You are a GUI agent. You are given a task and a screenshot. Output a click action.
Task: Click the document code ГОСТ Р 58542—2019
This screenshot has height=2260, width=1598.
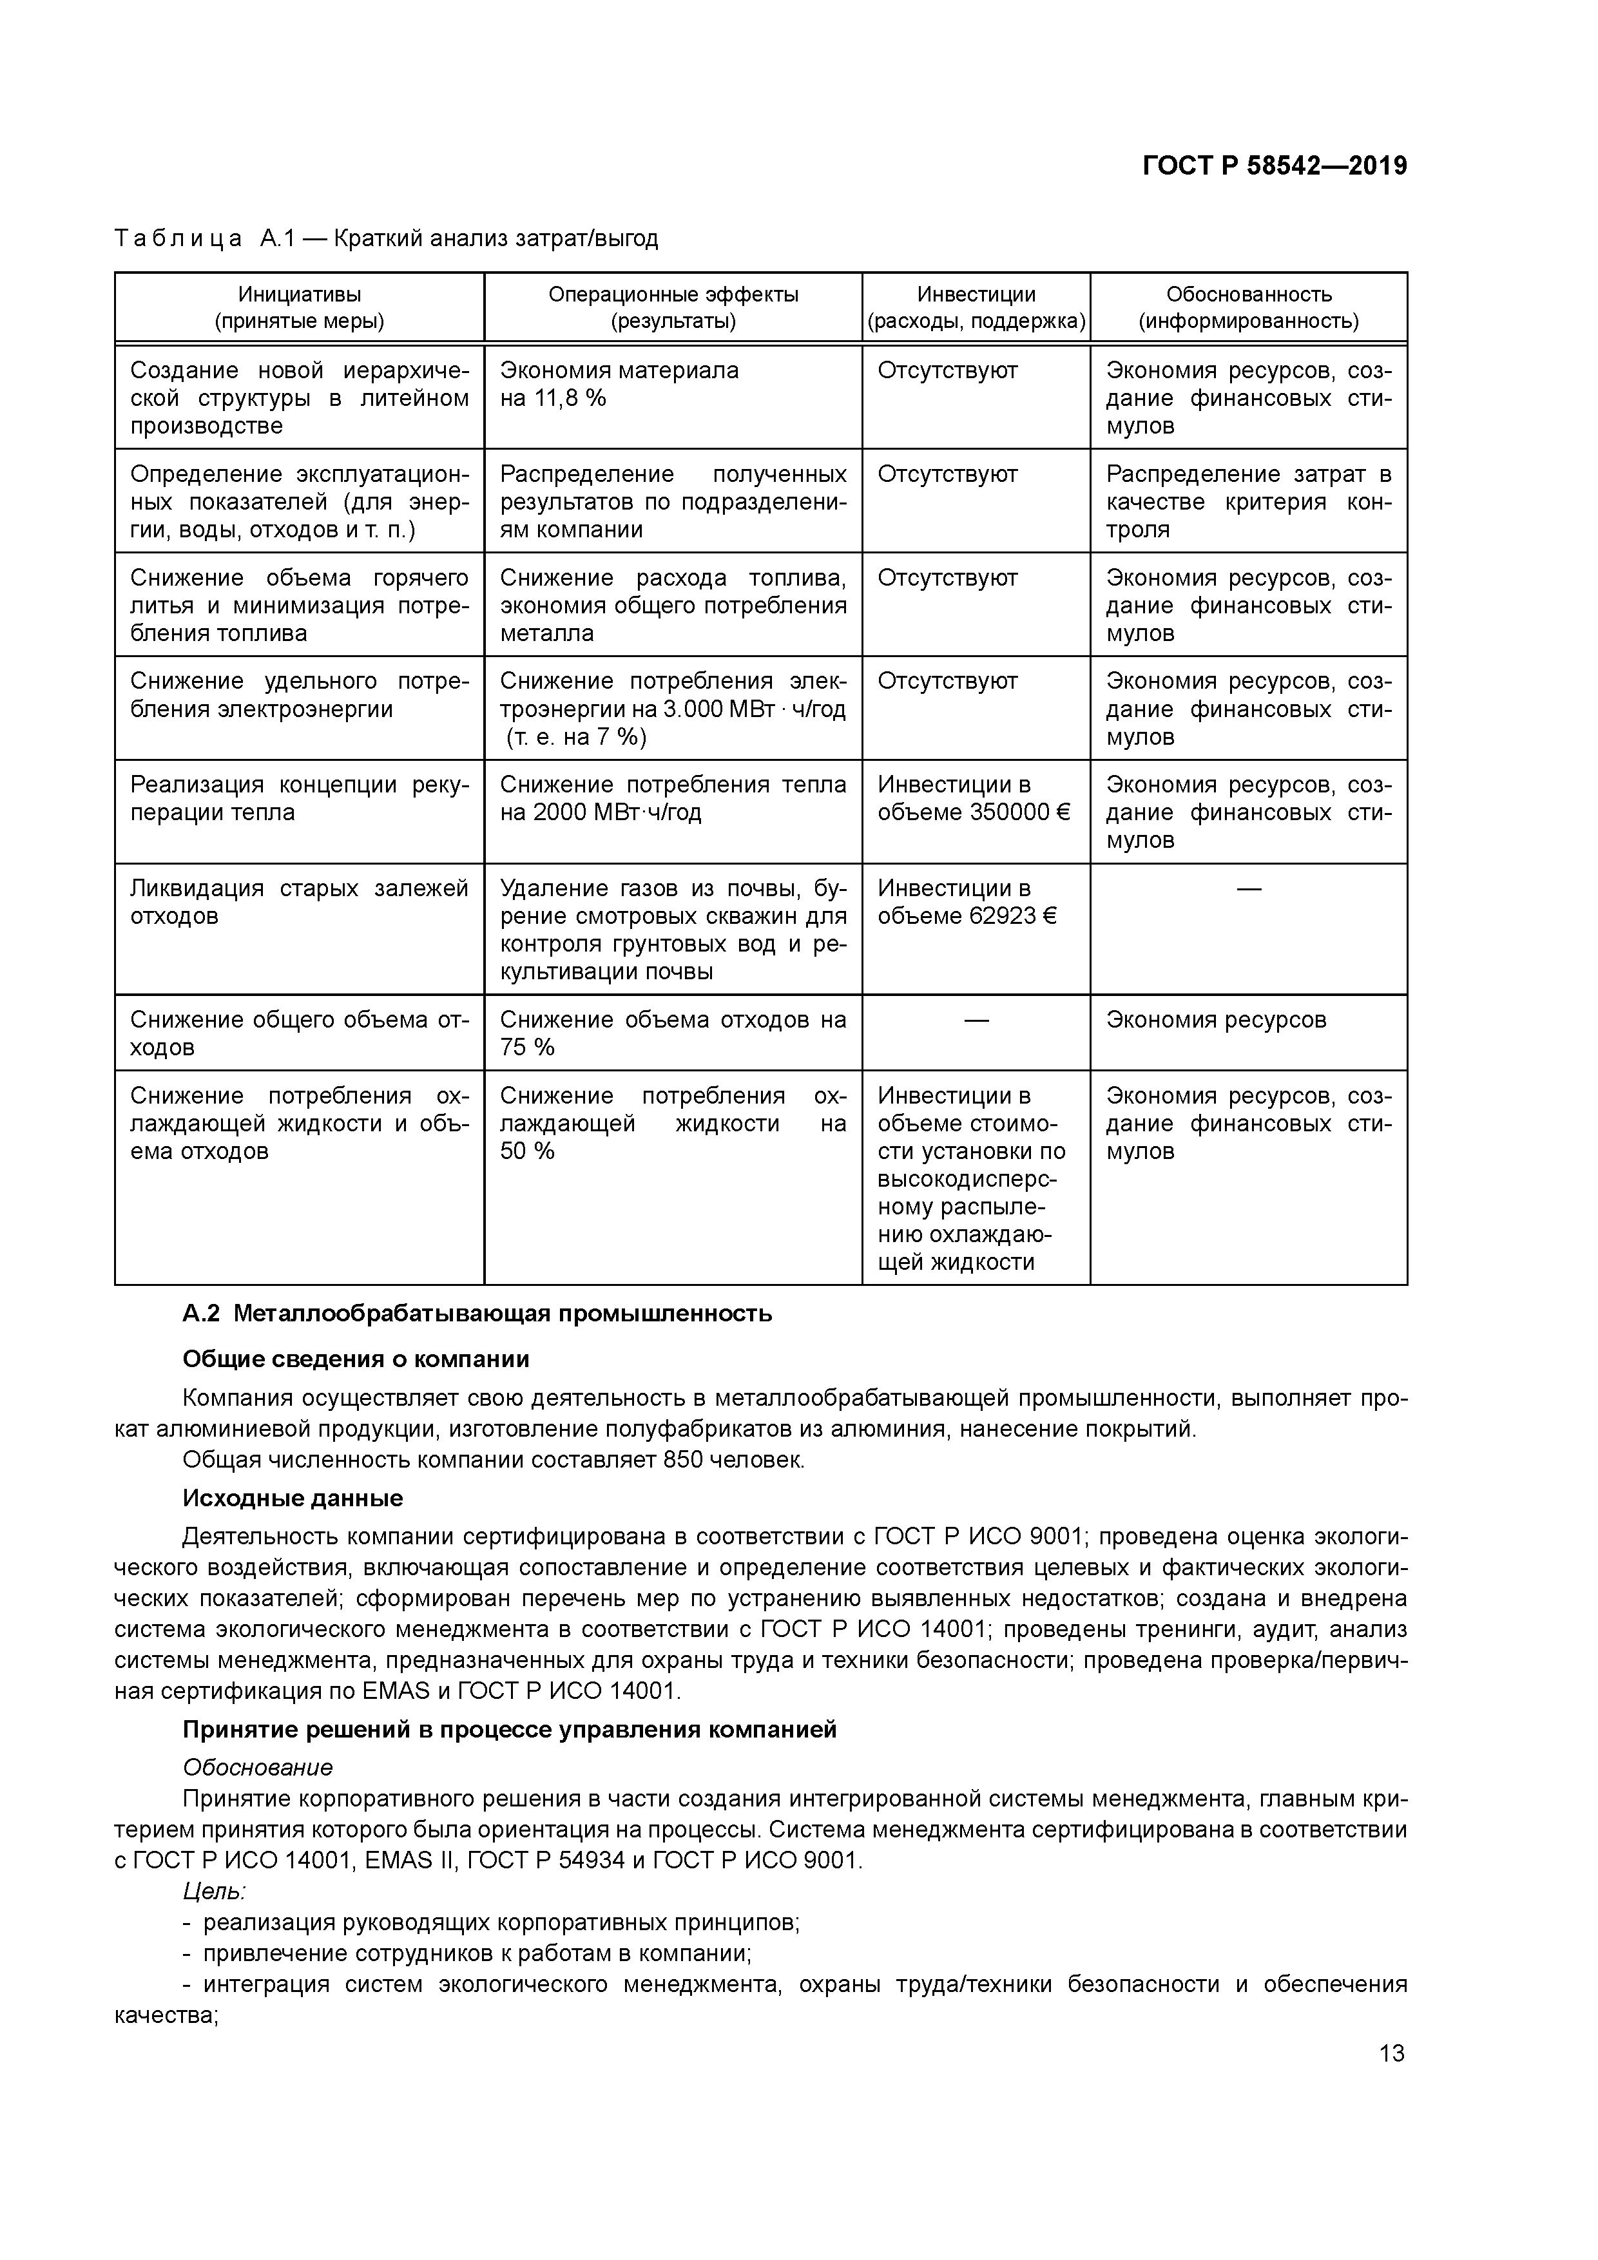click(1274, 166)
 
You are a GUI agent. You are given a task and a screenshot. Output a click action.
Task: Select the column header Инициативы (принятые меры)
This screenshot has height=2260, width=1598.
click(300, 307)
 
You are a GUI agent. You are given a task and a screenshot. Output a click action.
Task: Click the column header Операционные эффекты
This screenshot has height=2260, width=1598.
click(673, 294)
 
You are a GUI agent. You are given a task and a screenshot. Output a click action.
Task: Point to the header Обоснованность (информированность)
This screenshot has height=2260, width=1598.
click(1249, 307)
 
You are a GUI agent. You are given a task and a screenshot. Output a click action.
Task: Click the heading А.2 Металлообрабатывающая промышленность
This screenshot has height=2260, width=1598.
click(477, 1313)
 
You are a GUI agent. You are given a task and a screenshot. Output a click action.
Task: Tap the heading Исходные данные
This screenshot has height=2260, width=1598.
click(293, 1498)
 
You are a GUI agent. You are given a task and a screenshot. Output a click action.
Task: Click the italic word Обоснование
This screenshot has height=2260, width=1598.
click(258, 1768)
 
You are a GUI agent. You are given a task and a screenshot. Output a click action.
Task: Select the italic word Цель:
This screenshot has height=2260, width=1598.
click(214, 1891)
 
